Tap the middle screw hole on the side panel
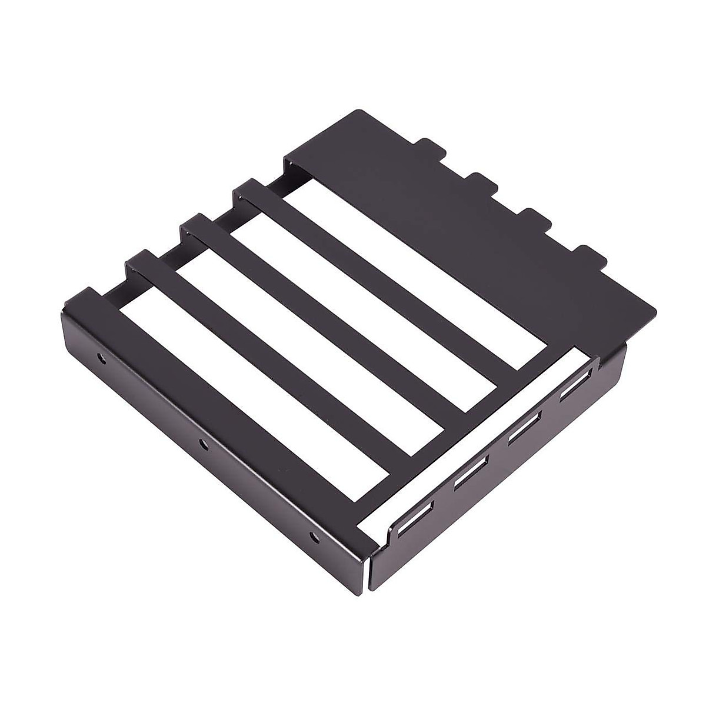(203, 445)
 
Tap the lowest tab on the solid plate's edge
(588, 257)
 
